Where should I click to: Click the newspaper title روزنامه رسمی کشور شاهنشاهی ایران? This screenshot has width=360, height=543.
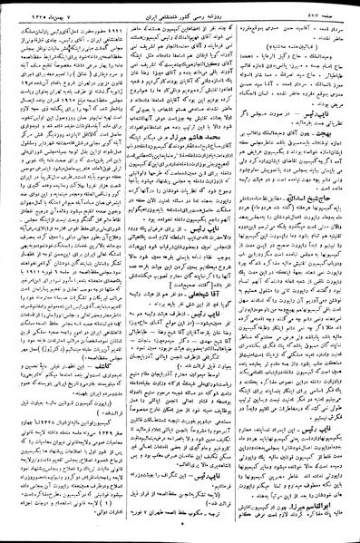point(180,8)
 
